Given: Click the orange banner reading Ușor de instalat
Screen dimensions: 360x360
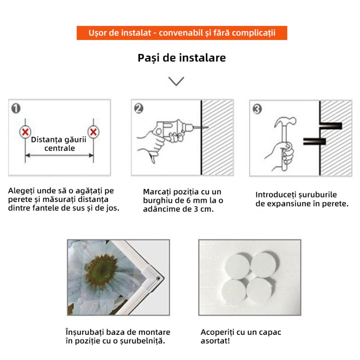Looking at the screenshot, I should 182,33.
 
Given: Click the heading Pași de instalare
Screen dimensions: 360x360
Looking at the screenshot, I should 182,58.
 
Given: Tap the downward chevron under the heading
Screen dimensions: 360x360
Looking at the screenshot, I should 176,81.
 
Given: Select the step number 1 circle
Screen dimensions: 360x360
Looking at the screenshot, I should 16,108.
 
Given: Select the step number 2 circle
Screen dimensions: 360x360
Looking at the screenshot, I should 138,108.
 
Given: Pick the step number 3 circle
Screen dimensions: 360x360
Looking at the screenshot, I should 257,108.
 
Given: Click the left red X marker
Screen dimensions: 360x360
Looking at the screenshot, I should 25,132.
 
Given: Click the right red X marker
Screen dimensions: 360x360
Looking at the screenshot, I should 93,132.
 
